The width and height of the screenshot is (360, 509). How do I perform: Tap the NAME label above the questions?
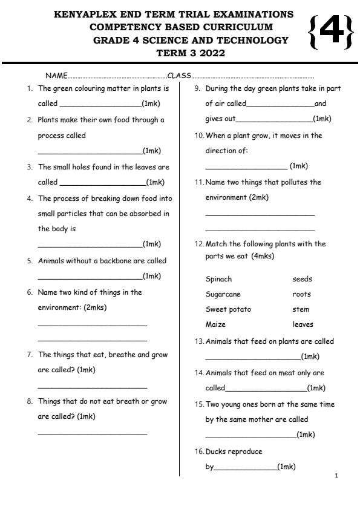[56, 76]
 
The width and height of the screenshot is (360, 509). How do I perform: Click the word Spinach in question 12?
[218, 279]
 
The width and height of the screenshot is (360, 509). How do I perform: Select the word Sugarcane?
[223, 294]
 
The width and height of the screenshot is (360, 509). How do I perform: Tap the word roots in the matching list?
[301, 294]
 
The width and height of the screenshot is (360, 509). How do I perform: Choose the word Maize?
[215, 324]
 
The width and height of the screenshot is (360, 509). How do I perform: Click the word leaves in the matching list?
[303, 324]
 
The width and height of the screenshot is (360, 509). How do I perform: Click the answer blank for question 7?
[92, 387]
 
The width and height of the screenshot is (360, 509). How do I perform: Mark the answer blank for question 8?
[92, 433]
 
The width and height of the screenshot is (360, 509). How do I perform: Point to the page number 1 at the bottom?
[336, 476]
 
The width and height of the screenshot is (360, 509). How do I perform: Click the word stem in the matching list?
[301, 309]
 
